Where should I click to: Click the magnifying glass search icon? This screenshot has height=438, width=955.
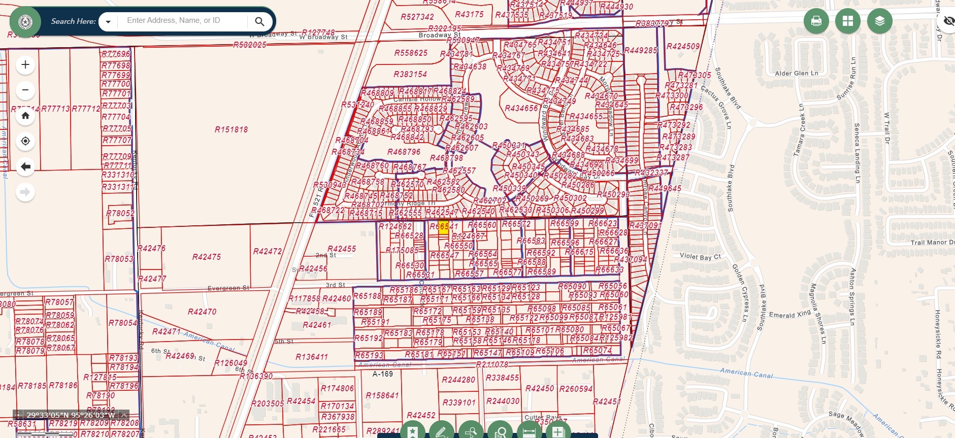tap(259, 21)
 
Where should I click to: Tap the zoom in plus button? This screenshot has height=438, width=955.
tap(25, 65)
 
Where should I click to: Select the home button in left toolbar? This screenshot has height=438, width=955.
tap(25, 116)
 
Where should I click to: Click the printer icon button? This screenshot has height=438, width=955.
tap(816, 21)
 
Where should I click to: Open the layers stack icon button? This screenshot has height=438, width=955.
tap(879, 21)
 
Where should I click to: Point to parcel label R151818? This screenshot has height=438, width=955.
tap(231, 129)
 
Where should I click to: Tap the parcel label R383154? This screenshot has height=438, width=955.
tap(410, 74)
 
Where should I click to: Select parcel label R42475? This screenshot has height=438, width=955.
tap(206, 257)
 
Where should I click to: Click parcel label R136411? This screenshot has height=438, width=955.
tap(312, 357)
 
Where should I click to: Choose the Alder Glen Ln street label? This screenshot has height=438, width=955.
tap(796, 74)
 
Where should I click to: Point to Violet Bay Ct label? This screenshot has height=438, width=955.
tap(700, 257)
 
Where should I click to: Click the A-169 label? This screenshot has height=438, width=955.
tap(382, 374)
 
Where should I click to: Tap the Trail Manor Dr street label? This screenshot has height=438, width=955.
tap(932, 243)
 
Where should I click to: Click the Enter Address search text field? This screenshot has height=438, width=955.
tap(183, 21)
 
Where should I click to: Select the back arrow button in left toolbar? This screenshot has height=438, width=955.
tap(25, 166)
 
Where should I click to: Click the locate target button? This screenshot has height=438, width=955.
tap(25, 141)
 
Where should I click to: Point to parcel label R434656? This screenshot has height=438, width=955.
tap(521, 108)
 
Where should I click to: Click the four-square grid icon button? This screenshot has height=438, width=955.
tap(847, 21)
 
